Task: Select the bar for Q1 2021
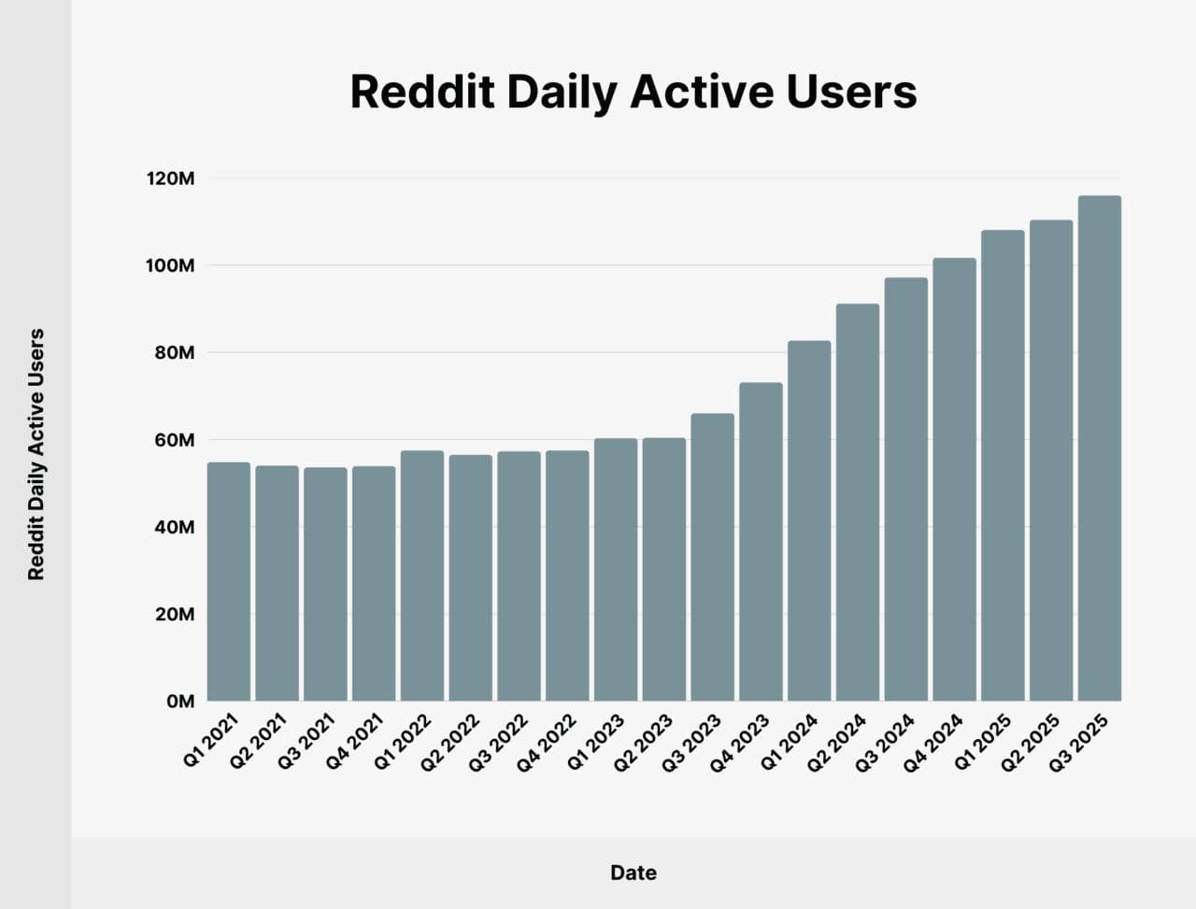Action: pyautogui.click(x=229, y=581)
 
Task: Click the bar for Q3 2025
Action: pyautogui.click(x=1099, y=448)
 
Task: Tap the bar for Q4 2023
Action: pyautogui.click(x=761, y=542)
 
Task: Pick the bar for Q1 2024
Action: pyautogui.click(x=809, y=520)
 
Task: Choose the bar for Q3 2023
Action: pyautogui.click(x=712, y=557)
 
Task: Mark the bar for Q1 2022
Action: pyautogui.click(x=422, y=575)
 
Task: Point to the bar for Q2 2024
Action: pyautogui.click(x=858, y=502)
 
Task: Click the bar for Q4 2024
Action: pyautogui.click(x=954, y=479)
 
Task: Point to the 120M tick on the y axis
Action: pyautogui.click(x=170, y=178)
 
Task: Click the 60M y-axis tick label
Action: pyautogui.click(x=174, y=440)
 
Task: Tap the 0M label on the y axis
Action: pyautogui.click(x=179, y=702)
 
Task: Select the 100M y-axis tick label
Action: pyautogui.click(x=170, y=266)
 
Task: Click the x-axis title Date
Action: pyautogui.click(x=633, y=873)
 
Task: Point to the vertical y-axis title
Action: pyautogui.click(x=36, y=454)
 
